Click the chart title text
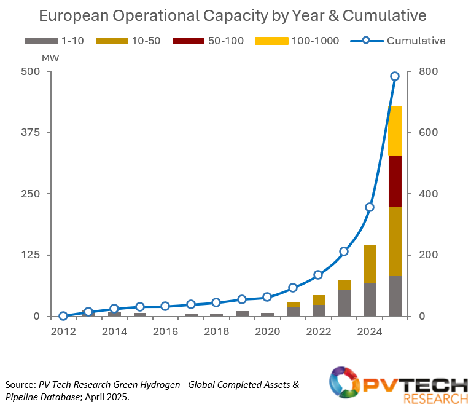coord(233,15)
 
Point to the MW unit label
coord(49,57)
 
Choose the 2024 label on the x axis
coord(369,331)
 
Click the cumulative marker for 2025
coord(395,76)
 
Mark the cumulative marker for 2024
coord(370,207)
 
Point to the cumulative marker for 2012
coord(63,316)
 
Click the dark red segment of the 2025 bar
coord(395,181)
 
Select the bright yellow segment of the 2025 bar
coord(395,130)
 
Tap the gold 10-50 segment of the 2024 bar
coord(370,264)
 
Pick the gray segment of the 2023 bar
coord(344,303)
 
